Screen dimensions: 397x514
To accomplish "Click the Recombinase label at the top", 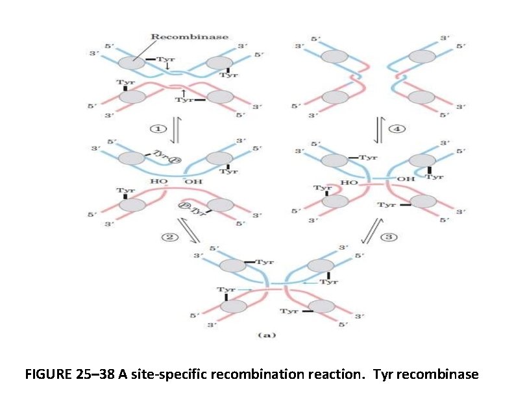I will (x=190, y=36).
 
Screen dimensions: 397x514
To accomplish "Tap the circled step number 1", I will (x=156, y=128).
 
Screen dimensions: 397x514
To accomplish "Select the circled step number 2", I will (x=167, y=237).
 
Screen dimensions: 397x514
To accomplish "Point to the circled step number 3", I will (x=389, y=237).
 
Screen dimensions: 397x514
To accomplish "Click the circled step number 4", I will (x=398, y=128).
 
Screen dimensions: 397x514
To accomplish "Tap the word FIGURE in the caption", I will (x=48, y=375).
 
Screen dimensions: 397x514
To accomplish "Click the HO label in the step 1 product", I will (x=159, y=181).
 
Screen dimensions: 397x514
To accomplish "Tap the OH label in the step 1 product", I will (x=193, y=181).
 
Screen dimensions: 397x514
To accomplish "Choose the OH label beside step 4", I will (x=405, y=179).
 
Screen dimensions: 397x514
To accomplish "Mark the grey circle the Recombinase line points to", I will (x=132, y=63).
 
